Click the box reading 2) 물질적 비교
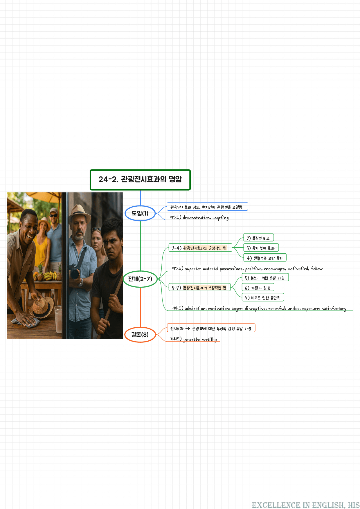258,238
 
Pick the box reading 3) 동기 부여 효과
261,248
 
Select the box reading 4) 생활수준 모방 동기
265,258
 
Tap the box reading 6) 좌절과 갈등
258,288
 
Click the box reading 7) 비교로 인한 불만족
263,298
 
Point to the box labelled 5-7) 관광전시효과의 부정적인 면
199,288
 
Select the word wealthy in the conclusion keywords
209,339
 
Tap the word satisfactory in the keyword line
334,308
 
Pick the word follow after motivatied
317,269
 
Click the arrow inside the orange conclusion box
188,328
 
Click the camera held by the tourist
75,272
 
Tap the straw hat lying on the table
42,307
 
